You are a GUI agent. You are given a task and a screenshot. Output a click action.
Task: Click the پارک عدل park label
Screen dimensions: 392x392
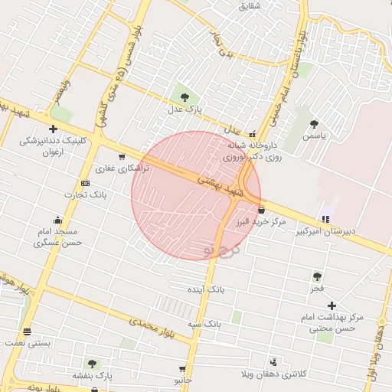click(x=184, y=110)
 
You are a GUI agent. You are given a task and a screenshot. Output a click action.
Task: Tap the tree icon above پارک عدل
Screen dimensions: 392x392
click(x=184, y=96)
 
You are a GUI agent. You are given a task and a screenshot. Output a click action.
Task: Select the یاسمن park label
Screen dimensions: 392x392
click(x=313, y=136)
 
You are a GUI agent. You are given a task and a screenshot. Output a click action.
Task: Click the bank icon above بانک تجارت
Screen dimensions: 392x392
click(x=85, y=183)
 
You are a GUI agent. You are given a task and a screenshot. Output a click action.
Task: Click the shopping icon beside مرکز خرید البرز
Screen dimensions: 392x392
click(x=262, y=210)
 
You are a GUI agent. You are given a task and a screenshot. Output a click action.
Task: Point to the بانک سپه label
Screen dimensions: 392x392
click(x=207, y=323)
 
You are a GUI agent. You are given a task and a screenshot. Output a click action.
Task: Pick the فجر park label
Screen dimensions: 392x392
click(x=318, y=288)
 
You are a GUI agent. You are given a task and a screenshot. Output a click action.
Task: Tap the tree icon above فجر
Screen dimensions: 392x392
click(x=317, y=276)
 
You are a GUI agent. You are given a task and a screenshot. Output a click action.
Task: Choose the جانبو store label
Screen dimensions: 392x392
click(x=183, y=380)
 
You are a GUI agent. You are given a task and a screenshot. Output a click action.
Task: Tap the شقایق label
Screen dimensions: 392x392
click(x=250, y=6)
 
